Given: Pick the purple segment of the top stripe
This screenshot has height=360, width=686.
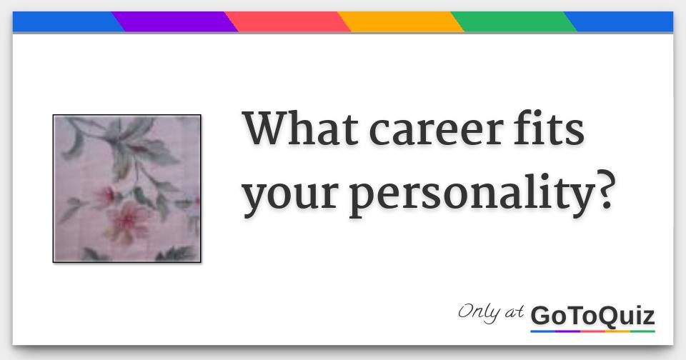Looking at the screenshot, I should pyautogui.click(x=175, y=22).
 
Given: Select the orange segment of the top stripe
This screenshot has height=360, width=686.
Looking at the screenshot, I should pyautogui.click(x=401, y=22).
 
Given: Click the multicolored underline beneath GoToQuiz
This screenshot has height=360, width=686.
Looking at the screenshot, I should pyautogui.click(x=593, y=331).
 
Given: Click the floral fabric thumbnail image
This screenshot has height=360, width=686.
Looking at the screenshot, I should pyautogui.click(x=126, y=189).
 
